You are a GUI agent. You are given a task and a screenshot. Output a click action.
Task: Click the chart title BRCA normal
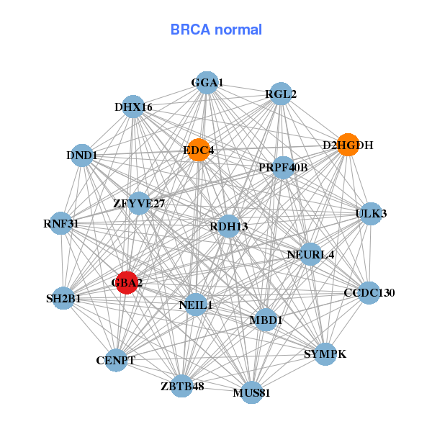click(x=216, y=30)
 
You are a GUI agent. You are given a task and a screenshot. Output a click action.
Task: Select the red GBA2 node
click(x=127, y=282)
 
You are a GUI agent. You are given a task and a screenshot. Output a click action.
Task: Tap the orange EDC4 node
click(x=198, y=150)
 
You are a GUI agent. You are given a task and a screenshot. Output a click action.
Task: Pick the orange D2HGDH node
click(x=348, y=145)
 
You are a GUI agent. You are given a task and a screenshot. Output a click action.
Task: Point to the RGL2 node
click(x=280, y=94)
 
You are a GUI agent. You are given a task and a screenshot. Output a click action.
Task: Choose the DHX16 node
click(x=133, y=107)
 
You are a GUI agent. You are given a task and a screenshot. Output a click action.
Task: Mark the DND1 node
click(x=82, y=155)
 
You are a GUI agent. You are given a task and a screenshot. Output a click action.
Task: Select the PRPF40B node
click(x=283, y=168)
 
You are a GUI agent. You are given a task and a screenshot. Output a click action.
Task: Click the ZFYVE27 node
click(x=139, y=203)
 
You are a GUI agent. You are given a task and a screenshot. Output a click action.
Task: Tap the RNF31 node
click(x=61, y=223)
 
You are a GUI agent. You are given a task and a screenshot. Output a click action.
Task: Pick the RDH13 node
click(x=228, y=226)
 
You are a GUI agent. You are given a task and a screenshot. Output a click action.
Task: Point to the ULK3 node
click(x=370, y=213)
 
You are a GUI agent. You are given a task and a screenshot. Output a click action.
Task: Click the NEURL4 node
click(x=310, y=254)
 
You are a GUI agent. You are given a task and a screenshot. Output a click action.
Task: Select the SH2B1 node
click(x=63, y=298)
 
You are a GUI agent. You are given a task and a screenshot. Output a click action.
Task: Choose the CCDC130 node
click(x=369, y=292)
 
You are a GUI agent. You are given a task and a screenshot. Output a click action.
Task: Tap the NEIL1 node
click(x=196, y=305)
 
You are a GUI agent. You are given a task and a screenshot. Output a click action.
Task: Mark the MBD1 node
click(x=266, y=319)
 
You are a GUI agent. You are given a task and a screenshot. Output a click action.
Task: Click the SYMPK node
click(x=325, y=354)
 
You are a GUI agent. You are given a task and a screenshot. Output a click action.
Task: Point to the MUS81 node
click(x=251, y=392)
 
